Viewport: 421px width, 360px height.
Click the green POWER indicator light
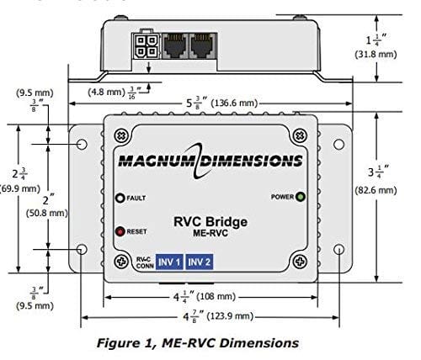[301, 197]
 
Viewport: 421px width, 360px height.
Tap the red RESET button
[121, 230]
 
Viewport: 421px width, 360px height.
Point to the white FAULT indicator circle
[121, 198]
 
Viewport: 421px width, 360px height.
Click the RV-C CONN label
[120, 262]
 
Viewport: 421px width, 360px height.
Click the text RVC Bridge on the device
[210, 223]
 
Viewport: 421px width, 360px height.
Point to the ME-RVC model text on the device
[210, 235]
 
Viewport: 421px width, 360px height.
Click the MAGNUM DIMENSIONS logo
[210, 160]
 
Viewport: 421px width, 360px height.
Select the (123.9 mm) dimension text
[241, 317]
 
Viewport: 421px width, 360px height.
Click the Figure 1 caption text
[210, 342]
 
